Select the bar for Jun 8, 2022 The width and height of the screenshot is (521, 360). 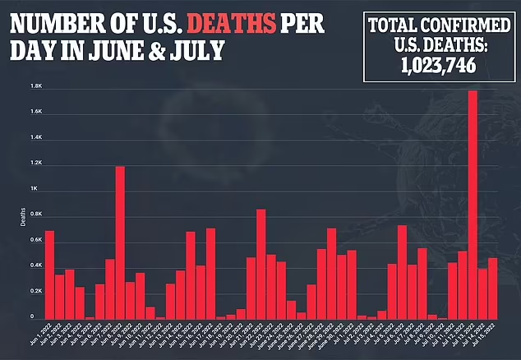point(120,242)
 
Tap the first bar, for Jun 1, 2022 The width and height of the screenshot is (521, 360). point(49,275)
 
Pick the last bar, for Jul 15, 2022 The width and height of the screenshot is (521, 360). point(493,288)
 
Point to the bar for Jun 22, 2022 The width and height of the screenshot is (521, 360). point(260,264)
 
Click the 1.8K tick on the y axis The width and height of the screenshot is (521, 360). point(36,85)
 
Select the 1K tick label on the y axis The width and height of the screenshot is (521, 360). point(35,189)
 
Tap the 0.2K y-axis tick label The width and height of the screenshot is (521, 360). point(36,292)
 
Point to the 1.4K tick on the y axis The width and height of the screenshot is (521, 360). point(36,137)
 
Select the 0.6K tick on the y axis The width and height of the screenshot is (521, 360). point(36,240)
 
